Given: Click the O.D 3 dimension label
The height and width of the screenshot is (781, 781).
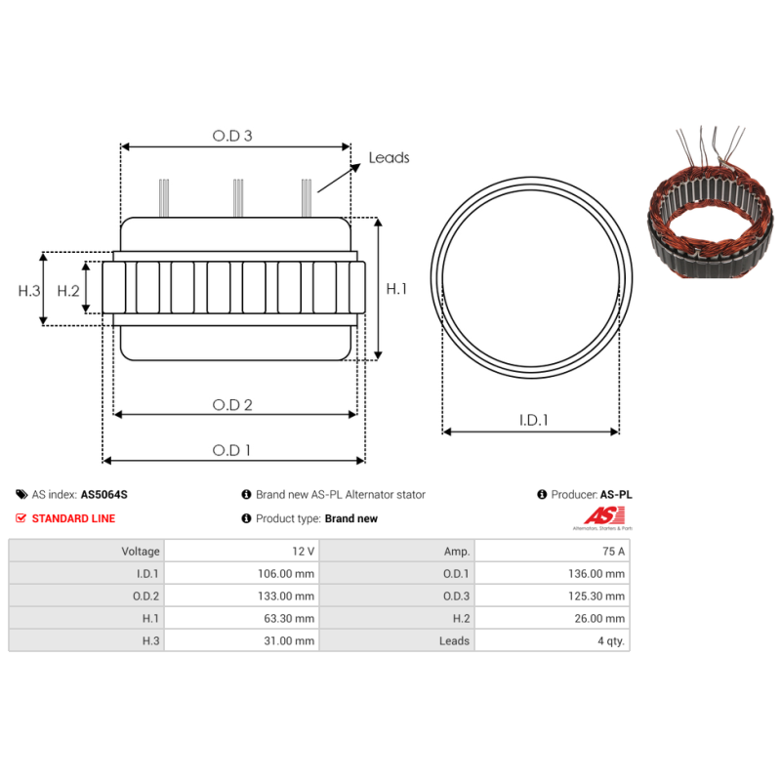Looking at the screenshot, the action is pos(232,137).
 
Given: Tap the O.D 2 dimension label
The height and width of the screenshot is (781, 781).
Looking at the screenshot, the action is pos(233,404).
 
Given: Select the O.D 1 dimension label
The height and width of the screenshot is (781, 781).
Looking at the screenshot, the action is pos(232,450).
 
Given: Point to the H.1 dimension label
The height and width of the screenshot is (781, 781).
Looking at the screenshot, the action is pos(396,289).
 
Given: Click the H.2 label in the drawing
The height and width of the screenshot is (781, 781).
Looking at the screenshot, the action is pos(67,290).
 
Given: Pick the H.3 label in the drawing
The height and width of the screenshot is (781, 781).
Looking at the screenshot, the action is pos(29,290).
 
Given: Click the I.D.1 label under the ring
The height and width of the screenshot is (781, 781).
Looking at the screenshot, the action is pos(533,421).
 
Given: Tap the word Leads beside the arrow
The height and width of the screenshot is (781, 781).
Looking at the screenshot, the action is pos(389,157).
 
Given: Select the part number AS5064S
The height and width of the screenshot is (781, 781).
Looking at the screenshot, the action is pos(103,495).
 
